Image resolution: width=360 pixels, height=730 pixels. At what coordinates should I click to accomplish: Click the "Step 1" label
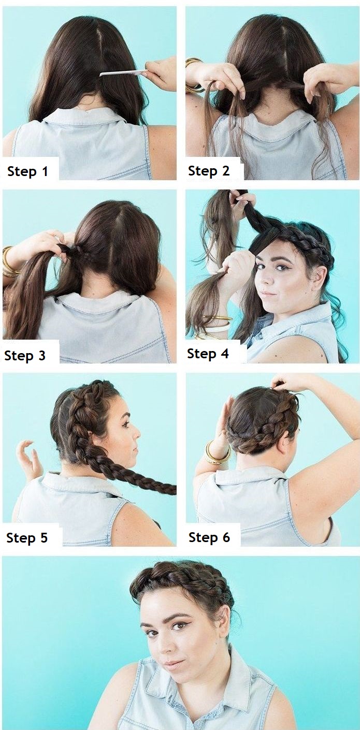(27, 171)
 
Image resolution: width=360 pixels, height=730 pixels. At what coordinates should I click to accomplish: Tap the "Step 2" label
(209, 171)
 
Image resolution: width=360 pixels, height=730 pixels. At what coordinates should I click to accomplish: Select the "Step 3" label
(25, 356)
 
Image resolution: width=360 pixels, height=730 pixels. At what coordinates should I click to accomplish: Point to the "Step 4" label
(208, 354)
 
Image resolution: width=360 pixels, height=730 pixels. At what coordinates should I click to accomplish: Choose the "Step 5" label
(27, 537)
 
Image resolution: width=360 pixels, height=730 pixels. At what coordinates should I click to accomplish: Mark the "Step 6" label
(209, 537)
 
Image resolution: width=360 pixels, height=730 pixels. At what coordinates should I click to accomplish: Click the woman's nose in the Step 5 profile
(137, 433)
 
